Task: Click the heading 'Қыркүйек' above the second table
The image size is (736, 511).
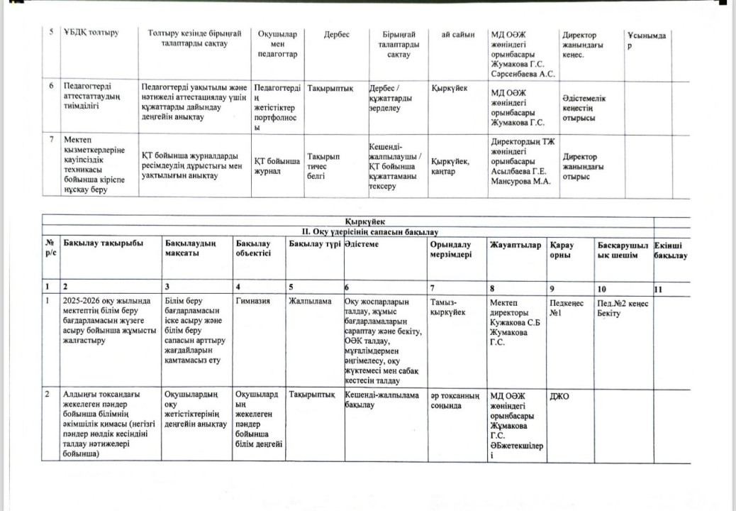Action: click(365, 221)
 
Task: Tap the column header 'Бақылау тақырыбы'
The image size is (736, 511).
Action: click(103, 243)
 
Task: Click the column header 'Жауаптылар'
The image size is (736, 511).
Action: click(515, 245)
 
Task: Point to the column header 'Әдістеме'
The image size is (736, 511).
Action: click(362, 245)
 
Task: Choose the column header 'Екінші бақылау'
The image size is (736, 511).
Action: click(671, 250)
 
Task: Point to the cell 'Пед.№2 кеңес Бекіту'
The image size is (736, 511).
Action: click(623, 307)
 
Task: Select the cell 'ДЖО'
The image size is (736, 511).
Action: click(559, 396)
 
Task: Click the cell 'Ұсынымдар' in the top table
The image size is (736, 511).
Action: click(646, 40)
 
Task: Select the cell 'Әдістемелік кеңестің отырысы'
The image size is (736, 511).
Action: click(584, 108)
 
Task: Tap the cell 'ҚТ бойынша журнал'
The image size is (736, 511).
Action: click(277, 167)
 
